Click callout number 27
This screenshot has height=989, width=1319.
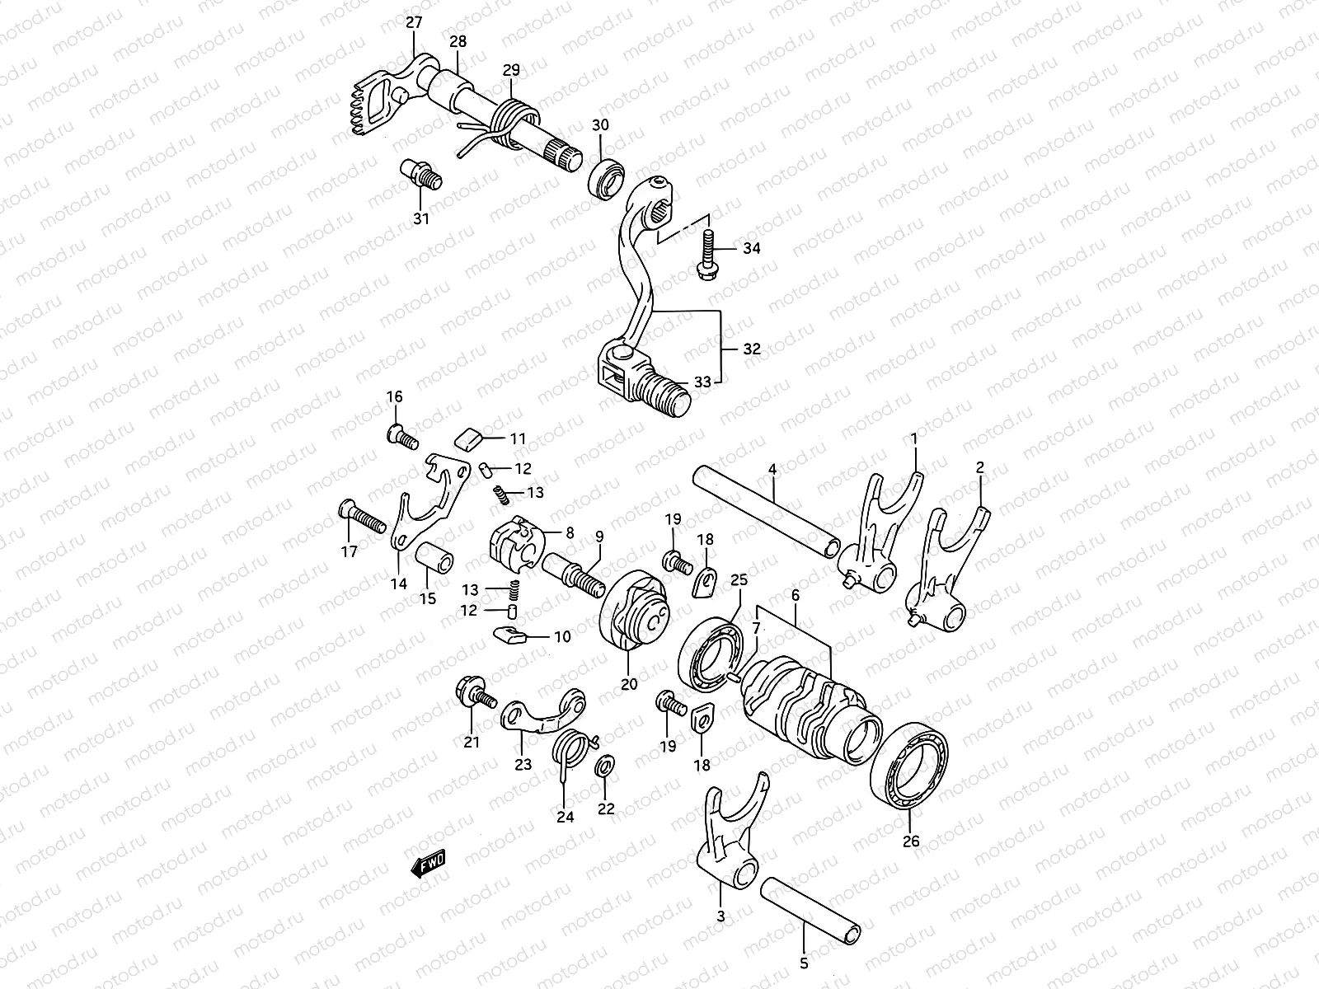tap(413, 23)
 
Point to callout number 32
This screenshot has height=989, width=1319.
tap(751, 349)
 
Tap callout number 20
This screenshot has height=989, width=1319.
tap(629, 683)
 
